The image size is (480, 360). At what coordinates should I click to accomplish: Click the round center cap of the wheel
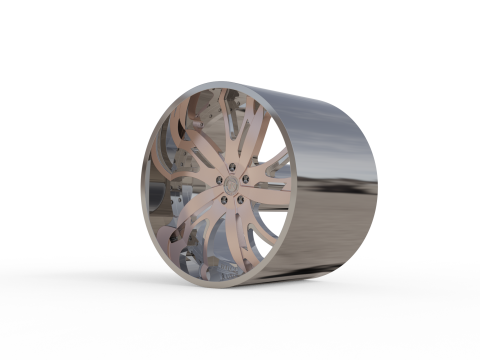[x=229, y=184]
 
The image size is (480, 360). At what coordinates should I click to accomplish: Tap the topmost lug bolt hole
[x=230, y=167]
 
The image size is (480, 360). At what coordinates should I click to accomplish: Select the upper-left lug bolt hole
[x=217, y=178]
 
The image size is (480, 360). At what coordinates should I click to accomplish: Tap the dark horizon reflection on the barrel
[x=335, y=185]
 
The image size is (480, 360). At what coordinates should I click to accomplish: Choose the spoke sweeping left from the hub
[x=185, y=190]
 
